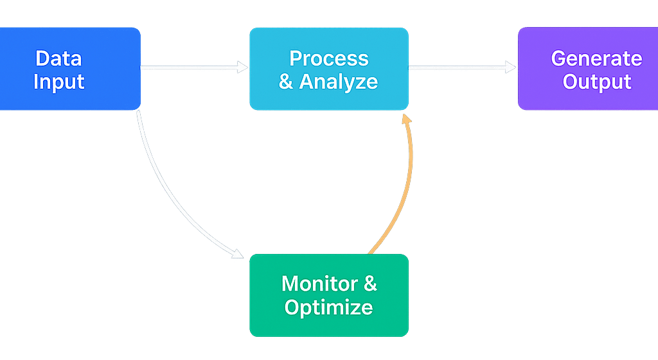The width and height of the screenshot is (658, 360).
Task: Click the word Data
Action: pos(58,59)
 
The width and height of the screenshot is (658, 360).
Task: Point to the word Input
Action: pos(58,82)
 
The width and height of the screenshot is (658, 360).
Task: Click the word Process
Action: pos(329,59)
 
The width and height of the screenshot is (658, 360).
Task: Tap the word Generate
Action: pos(596,59)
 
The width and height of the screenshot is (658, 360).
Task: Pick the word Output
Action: pos(597,82)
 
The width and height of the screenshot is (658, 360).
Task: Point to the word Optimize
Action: pos(328,307)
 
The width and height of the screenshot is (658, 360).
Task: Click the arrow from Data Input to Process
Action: pos(193,67)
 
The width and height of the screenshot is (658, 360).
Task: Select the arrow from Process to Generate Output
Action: pos(461,67)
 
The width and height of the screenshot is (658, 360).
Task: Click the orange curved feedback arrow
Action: pos(402,193)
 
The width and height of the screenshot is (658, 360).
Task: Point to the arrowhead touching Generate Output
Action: pos(511,67)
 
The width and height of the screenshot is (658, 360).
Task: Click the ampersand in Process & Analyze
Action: pos(286,82)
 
